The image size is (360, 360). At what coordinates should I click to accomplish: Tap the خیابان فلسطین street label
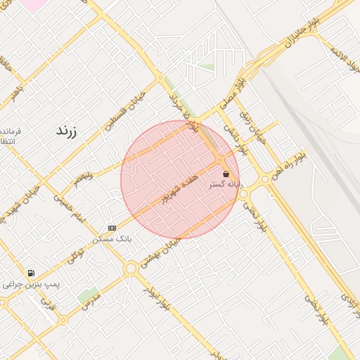(x=124, y=110)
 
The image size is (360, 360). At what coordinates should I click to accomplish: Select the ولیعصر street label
(x=84, y=179)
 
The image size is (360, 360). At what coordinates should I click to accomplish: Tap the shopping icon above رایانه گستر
(x=226, y=174)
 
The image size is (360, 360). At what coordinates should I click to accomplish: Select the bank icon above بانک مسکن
(x=112, y=228)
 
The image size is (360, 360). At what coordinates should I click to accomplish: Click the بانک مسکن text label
(x=112, y=239)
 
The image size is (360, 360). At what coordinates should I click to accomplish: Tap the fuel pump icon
(x=31, y=273)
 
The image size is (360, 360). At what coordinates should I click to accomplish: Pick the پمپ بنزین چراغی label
(x=31, y=284)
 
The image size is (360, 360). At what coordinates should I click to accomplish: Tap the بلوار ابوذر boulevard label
(x=156, y=297)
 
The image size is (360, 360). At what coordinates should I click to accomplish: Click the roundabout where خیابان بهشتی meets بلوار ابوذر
(x=131, y=268)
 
